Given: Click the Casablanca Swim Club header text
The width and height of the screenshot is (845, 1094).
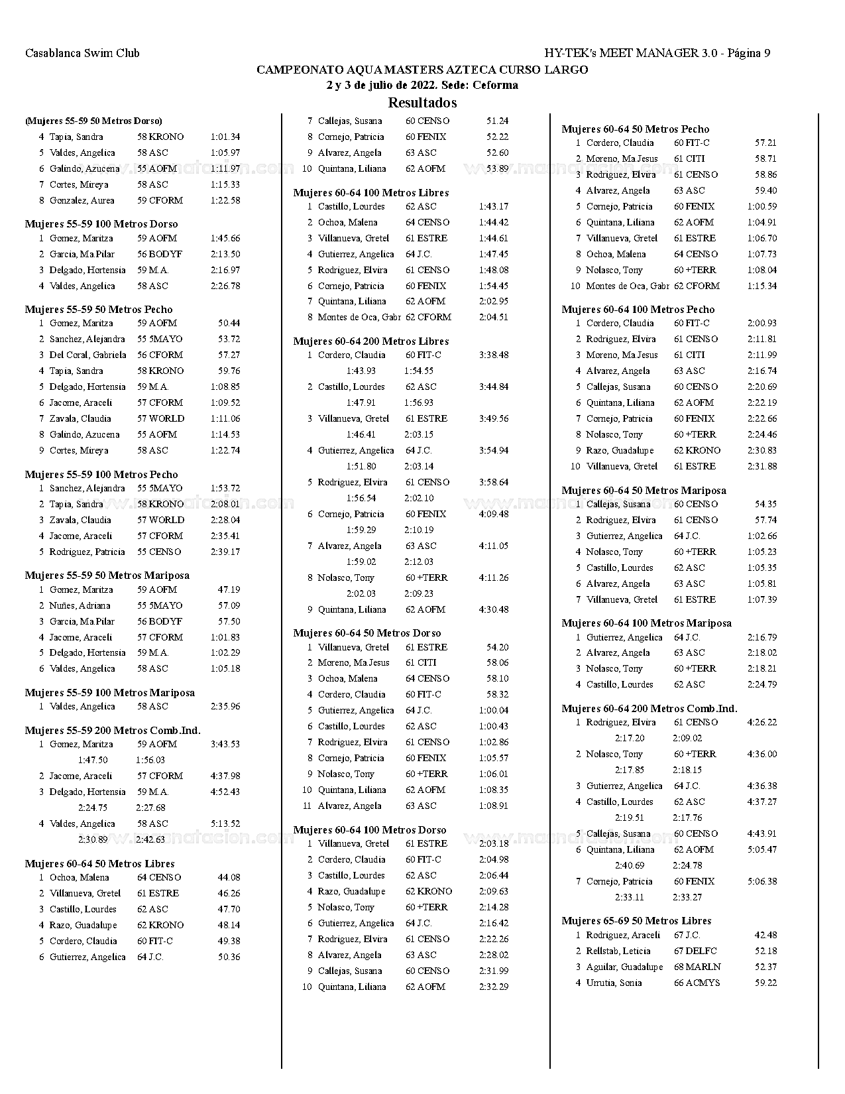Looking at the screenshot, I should [x=82, y=53].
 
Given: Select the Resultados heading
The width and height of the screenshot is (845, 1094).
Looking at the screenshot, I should [x=422, y=103].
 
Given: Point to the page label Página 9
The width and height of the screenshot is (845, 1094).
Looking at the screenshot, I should [x=749, y=53].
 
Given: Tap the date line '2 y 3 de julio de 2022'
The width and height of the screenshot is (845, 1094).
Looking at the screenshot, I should [x=422, y=85].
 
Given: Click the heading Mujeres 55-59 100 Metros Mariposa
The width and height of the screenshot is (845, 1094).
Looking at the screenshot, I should [x=110, y=693].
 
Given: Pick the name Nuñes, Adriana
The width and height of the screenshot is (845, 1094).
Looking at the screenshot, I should [x=80, y=605].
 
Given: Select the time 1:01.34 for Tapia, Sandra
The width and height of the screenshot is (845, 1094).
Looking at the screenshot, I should [x=225, y=137].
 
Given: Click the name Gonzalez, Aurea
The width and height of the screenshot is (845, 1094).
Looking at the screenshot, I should [x=82, y=200].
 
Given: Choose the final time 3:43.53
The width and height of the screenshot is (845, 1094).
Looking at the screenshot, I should [x=225, y=744].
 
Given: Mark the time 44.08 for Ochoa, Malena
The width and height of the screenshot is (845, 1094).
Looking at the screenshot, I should [x=229, y=877].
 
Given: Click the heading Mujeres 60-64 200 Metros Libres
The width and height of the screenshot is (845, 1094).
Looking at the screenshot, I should [x=371, y=341].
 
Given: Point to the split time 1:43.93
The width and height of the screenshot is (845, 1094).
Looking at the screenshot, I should [x=361, y=371].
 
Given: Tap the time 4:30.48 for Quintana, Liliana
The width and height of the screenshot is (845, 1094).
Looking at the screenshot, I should [x=494, y=609].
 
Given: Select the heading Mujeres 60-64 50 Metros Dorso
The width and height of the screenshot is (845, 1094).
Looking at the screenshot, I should [x=367, y=633].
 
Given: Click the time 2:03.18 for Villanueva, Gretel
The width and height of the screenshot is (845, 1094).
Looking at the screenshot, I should [x=494, y=843].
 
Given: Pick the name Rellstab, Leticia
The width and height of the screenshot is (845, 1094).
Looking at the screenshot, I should [x=618, y=951].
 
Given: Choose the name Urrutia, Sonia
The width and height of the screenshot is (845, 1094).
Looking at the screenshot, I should [x=614, y=983].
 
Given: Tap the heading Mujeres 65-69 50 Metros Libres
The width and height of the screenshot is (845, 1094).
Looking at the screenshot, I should [x=636, y=921].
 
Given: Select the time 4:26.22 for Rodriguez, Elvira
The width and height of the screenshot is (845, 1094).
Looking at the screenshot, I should [x=762, y=722].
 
